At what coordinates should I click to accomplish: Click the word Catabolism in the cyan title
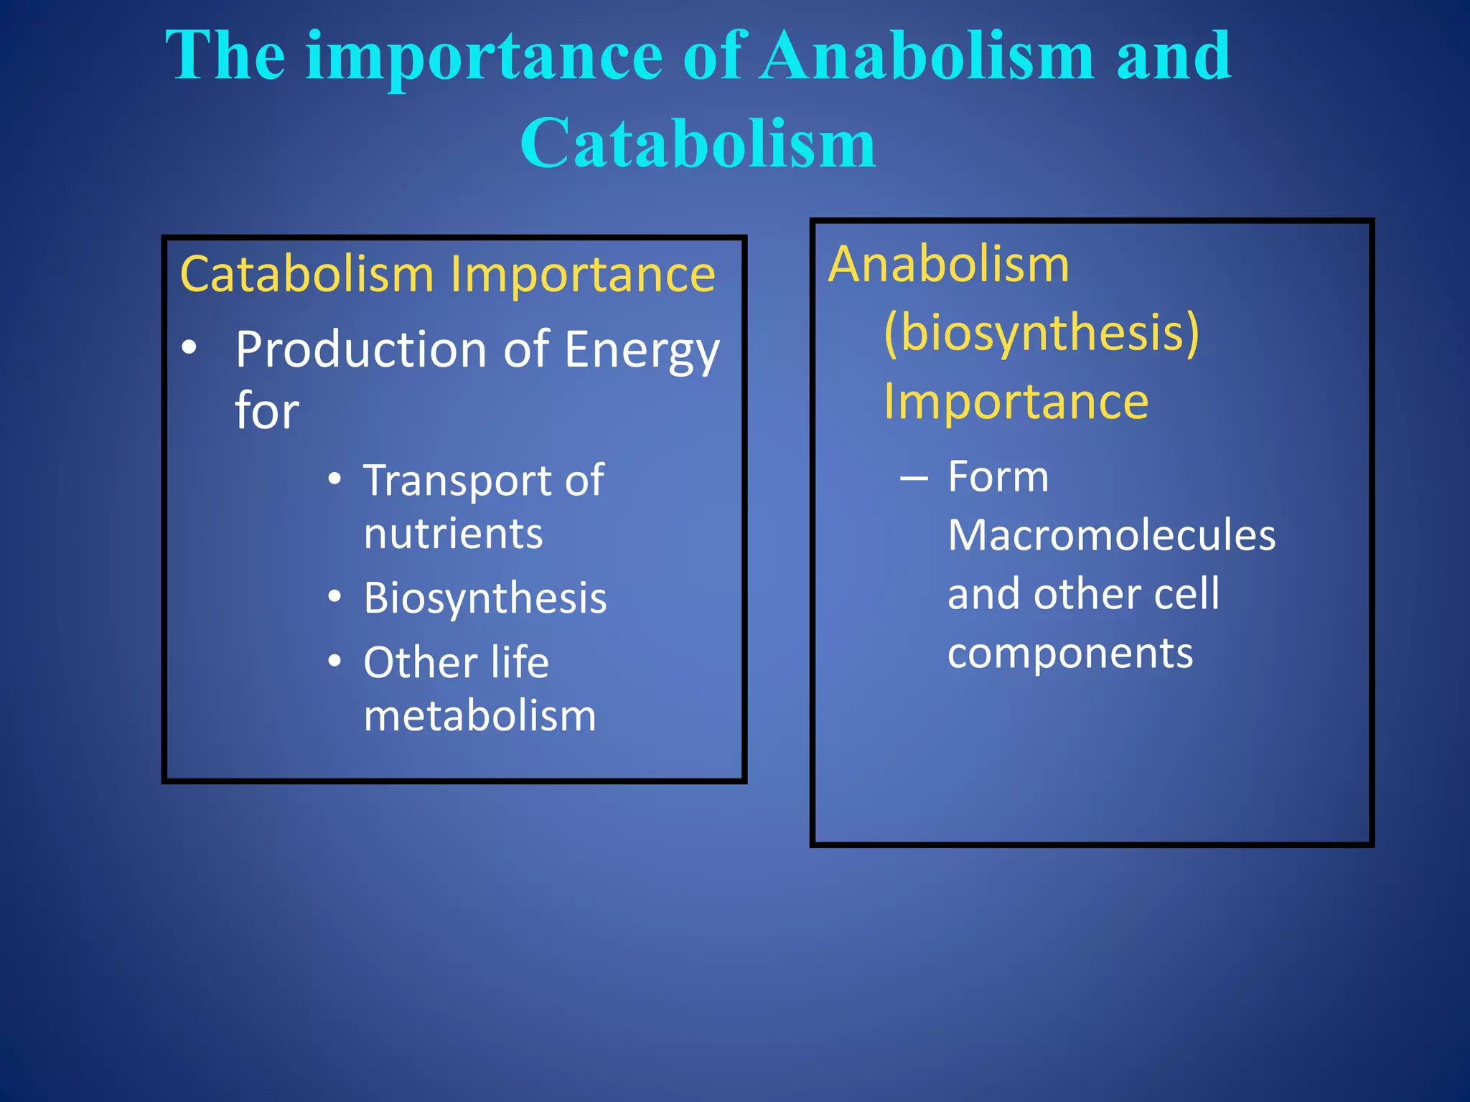698,143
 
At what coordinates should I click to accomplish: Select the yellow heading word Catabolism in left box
306,275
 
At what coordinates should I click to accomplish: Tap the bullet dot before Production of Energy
189,348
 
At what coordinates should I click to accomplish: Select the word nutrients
453,534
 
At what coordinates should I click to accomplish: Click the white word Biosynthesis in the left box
484,598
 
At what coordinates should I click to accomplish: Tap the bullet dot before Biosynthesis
334,596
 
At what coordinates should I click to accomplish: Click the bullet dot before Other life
334,661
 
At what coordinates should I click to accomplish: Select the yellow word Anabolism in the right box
948,265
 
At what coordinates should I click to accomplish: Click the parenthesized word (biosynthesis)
1041,333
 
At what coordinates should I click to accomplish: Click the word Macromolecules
1111,535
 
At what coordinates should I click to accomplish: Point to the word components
1069,654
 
